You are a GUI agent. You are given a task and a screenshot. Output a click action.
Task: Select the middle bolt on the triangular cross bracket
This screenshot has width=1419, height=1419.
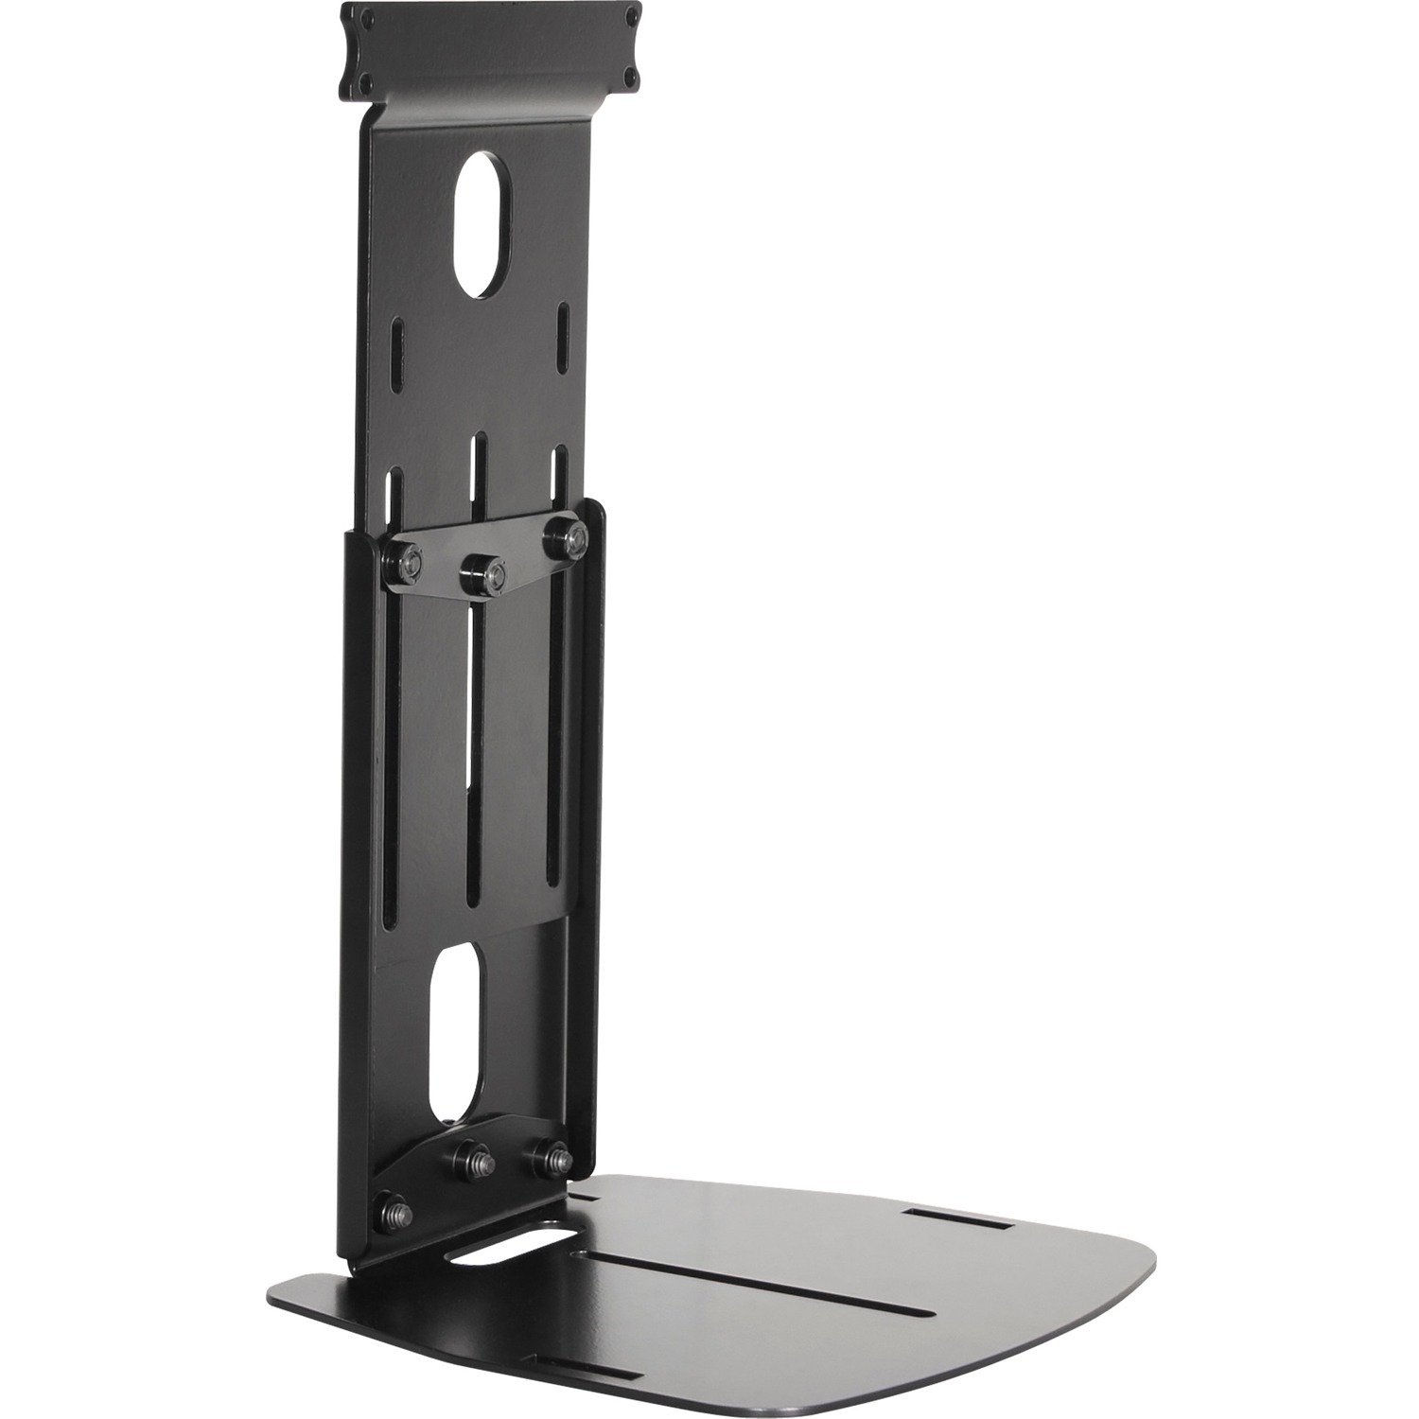pos(481,571)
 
